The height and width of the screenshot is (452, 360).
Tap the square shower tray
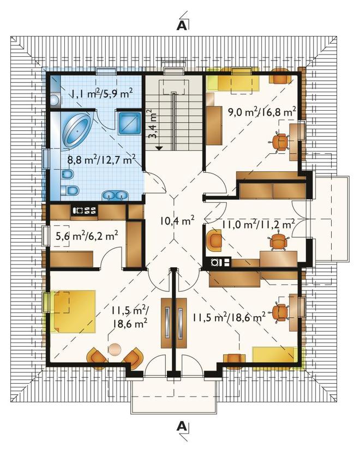130,123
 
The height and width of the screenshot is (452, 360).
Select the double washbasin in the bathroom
115,196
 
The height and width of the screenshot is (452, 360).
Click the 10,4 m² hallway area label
177,221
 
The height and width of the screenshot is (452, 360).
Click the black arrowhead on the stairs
159,148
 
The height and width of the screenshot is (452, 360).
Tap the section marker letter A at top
182,26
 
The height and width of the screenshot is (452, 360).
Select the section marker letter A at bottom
182,426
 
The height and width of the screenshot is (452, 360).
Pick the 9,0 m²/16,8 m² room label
262,111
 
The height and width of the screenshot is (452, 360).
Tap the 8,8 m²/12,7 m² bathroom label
101,159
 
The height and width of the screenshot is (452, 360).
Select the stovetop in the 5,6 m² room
85,210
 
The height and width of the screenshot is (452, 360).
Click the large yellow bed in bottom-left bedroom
73,312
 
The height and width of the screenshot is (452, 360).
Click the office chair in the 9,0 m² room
279,142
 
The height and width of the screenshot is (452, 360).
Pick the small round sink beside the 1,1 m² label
55,99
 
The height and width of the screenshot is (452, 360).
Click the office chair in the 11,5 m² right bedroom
279,312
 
